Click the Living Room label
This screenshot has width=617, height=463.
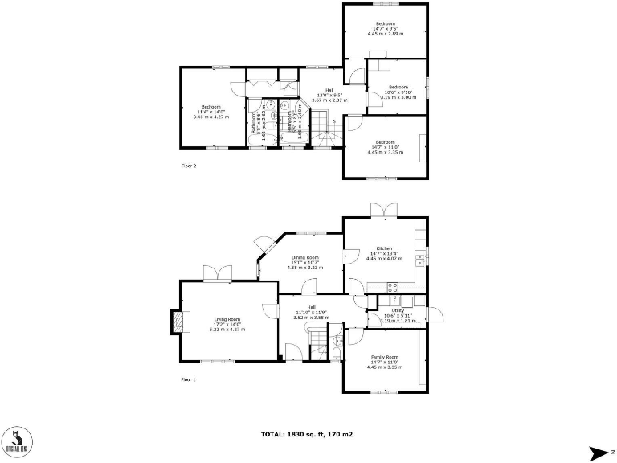(x=227, y=319)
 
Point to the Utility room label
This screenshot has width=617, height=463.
(x=397, y=310)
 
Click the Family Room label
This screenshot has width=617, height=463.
(x=384, y=356)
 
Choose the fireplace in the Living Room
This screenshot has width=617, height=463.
(x=178, y=322)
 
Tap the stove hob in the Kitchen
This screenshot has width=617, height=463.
(x=394, y=287)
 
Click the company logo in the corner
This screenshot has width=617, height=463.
(x=15, y=439)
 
